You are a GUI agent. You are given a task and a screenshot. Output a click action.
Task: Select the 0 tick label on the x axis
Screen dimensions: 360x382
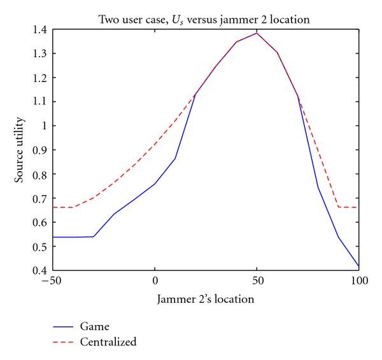tap(155, 280)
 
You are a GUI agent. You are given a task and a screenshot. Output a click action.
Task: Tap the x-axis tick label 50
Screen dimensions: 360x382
tap(257, 280)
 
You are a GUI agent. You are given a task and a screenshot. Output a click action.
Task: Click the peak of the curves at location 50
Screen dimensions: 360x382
tap(257, 33)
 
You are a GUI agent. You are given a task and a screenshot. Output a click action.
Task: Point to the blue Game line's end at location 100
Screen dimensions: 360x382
tap(358, 266)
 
